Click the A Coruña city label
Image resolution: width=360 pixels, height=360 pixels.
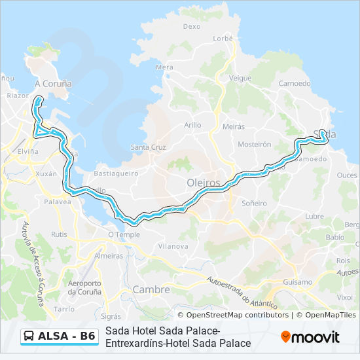(53, 84)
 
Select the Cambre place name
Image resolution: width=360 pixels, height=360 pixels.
(151, 289)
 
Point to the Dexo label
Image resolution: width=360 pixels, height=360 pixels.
(191, 27)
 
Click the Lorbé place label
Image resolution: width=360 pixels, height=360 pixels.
(223, 39)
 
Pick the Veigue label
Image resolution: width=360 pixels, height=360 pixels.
(240, 78)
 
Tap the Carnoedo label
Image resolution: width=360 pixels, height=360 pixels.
(295, 83)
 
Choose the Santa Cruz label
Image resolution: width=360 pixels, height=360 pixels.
(148, 147)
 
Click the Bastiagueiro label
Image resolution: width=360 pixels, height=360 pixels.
(116, 173)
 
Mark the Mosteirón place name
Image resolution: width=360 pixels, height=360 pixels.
(255, 144)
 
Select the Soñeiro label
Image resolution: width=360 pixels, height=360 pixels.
(254, 203)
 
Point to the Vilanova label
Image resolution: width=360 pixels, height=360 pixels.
(173, 246)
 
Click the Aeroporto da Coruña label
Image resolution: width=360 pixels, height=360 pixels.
(84, 287)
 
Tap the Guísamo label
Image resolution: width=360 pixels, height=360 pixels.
(298, 281)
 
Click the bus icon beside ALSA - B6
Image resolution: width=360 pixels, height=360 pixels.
(29, 336)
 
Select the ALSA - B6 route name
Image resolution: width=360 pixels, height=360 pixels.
(67, 336)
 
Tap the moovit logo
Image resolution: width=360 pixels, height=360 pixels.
(310, 337)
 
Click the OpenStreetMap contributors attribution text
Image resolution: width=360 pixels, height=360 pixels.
(237, 315)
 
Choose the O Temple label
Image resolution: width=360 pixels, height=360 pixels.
(124, 234)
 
